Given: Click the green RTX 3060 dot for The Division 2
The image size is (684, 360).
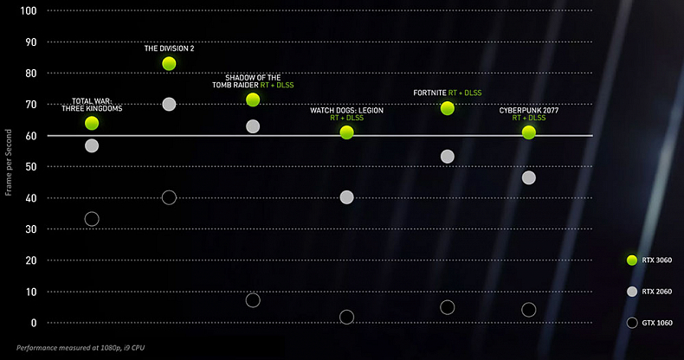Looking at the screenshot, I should (x=169, y=63).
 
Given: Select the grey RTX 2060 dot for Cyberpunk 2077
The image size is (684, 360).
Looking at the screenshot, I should (x=529, y=177).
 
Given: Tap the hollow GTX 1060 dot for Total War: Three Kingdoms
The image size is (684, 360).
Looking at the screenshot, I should (x=92, y=219).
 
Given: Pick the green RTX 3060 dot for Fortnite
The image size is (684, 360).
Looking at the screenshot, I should (x=448, y=108).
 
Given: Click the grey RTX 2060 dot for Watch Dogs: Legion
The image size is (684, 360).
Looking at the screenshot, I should (x=347, y=197).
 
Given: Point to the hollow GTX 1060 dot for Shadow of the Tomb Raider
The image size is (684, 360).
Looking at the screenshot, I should (x=253, y=300).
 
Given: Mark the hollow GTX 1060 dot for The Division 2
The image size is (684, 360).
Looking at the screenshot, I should (x=169, y=197).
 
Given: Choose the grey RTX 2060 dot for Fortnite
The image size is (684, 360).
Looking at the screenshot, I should (x=448, y=157).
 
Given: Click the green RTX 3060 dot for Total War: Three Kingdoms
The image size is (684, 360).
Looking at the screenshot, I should (x=92, y=123).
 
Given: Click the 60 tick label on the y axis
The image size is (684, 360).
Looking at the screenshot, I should (x=30, y=136).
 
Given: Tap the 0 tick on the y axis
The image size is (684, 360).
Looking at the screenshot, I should (x=33, y=323).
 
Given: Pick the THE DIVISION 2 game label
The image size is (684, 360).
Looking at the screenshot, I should (x=169, y=48).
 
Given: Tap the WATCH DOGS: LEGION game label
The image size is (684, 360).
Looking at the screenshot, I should (x=346, y=111).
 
